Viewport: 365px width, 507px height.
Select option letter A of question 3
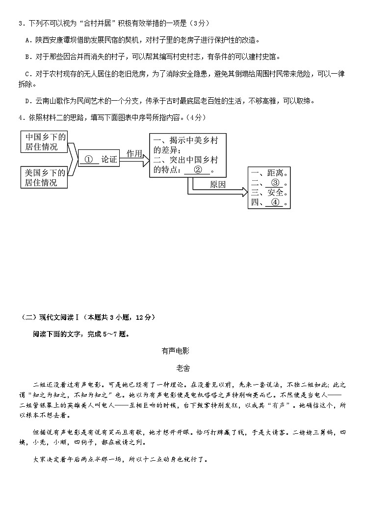tap(27, 40)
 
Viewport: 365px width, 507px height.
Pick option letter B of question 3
tap(27, 56)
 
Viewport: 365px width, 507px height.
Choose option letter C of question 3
tap(27, 74)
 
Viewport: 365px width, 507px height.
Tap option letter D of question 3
tap(27, 101)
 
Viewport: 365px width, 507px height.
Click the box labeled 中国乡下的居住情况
tap(44, 141)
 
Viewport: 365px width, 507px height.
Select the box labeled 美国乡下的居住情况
tap(44, 177)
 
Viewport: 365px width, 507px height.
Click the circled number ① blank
tap(89, 159)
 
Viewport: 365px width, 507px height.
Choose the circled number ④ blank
tap(275, 202)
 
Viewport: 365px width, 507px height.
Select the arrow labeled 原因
tap(217, 185)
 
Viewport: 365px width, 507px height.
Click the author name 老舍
tap(182, 367)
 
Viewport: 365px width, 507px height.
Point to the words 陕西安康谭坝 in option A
tap(57, 40)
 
